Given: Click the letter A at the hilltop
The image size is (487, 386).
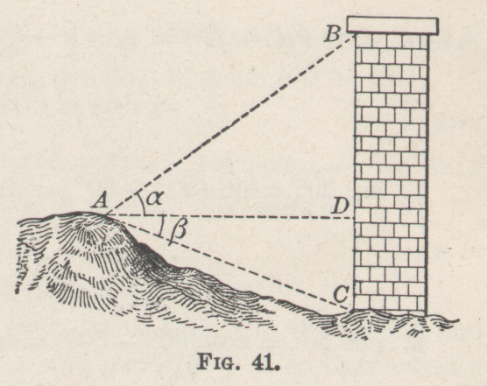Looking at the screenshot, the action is pyautogui.click(x=100, y=200).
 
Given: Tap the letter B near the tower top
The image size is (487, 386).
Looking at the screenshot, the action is pyautogui.click(x=333, y=34).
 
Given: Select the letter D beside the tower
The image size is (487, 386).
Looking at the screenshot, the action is pyautogui.click(x=341, y=206).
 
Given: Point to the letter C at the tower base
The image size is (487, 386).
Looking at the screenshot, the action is pyautogui.click(x=341, y=294).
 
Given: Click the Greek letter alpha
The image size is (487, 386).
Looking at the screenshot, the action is pyautogui.click(x=154, y=199).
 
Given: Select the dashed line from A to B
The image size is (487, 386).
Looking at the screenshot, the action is pyautogui.click(x=230, y=125).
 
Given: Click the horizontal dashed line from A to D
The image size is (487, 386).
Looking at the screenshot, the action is pyautogui.click(x=230, y=216).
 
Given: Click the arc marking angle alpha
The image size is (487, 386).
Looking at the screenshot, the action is pyautogui.click(x=143, y=203).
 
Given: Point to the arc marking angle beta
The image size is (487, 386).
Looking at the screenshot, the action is pyautogui.click(x=160, y=227).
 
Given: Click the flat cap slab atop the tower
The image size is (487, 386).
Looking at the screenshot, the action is pyautogui.click(x=392, y=25).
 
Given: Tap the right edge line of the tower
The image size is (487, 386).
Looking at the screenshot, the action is pyautogui.click(x=427, y=174).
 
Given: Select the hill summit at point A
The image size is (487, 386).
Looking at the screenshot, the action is pyautogui.click(x=106, y=214).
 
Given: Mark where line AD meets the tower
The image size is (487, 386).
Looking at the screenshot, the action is pyautogui.click(x=355, y=218).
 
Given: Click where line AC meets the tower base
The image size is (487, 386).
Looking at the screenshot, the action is pyautogui.click(x=354, y=310).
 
